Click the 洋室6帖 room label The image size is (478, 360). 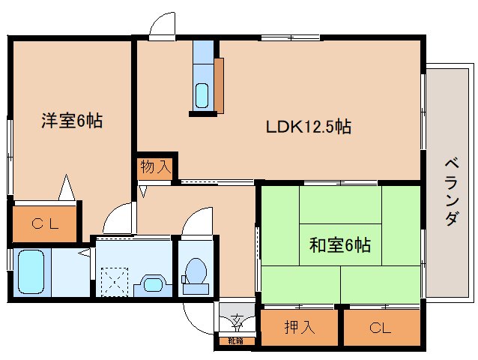72,121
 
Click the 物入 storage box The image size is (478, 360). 156,167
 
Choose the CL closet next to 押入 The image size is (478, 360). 381,327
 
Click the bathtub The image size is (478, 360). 31,272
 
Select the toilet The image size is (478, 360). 196,273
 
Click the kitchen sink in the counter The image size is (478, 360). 202,95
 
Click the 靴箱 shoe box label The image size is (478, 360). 236,341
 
